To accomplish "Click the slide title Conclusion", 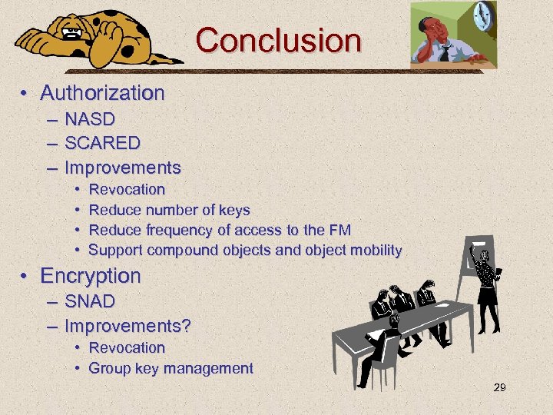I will tap(277, 40).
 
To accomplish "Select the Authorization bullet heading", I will tap(102, 93).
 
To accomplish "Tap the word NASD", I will tap(90, 119).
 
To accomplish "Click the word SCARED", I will tap(102, 143).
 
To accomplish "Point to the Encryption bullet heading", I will tap(91, 275).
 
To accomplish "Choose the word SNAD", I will tap(90, 301).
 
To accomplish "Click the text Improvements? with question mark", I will tap(127, 325).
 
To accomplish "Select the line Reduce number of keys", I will tap(170, 210).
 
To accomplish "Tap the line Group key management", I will tap(171, 368).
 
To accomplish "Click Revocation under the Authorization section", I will tap(127, 189).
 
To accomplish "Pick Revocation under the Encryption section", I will tap(127, 347).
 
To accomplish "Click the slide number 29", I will tap(499, 388).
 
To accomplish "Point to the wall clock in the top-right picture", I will tap(484, 15).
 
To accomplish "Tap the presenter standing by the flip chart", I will tap(485, 284).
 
